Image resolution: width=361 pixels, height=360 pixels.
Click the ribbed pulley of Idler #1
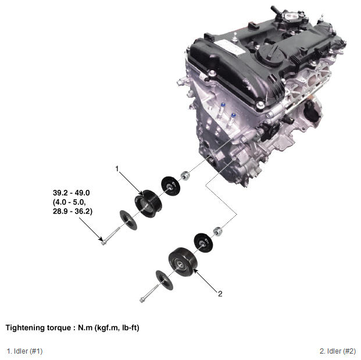[148, 203]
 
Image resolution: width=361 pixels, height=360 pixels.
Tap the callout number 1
[117, 169]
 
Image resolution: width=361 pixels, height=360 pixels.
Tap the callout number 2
[220, 294]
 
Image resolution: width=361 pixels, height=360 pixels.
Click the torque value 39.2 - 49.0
[72, 193]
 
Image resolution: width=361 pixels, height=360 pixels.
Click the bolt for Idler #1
[110, 236]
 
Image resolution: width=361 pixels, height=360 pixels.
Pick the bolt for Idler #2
[149, 293]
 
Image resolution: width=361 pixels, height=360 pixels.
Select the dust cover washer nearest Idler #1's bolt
[128, 220]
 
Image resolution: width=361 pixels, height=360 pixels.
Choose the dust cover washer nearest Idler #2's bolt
[165, 280]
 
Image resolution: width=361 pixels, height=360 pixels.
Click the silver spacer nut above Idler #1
[185, 176]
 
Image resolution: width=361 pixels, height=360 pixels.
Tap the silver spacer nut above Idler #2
[217, 231]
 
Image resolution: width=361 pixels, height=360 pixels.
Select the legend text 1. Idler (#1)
[24, 351]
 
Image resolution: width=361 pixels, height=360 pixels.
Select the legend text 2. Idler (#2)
[338, 351]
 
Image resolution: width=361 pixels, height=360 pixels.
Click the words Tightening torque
[38, 327]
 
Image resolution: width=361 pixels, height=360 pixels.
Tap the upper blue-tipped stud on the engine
[223, 105]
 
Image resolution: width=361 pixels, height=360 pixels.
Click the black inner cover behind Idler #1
[170, 186]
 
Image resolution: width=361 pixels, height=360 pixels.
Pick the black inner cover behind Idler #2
[203, 243]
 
